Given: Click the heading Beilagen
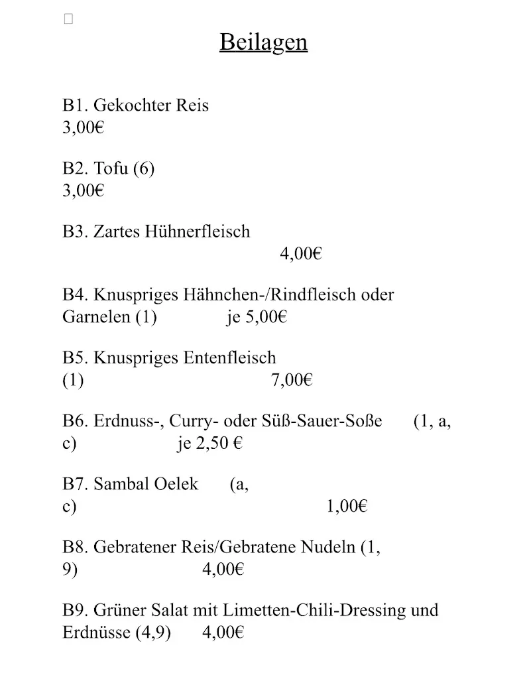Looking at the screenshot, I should [263, 42].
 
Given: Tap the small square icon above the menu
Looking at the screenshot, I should [68, 19].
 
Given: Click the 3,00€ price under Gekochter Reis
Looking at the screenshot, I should [84, 127].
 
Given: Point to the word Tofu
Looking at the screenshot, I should [111, 168].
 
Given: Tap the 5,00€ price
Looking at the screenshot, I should [266, 317].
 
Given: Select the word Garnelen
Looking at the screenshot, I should [96, 317].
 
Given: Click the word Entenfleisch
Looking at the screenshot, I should [229, 358].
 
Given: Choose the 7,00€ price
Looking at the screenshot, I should [292, 380].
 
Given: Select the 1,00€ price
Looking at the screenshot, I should [347, 507].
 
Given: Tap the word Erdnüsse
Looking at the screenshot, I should [97, 633].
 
